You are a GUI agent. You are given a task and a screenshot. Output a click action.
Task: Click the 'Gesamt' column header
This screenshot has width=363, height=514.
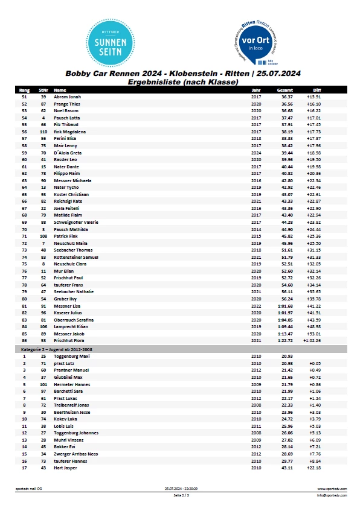click(x=285, y=90)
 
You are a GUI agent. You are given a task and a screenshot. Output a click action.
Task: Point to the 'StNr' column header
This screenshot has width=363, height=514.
click(x=43, y=90)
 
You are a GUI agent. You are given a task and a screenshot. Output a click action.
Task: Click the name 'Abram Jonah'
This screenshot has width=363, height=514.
click(x=67, y=97)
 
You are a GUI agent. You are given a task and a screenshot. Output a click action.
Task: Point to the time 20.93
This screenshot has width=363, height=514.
click(x=287, y=356)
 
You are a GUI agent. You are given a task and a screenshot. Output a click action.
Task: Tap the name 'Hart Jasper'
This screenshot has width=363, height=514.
click(x=66, y=468)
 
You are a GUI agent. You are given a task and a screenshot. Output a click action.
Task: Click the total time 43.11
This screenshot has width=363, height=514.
click(x=287, y=468)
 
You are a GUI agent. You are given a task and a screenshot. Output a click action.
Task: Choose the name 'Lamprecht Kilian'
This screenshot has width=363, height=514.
click(x=71, y=327)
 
